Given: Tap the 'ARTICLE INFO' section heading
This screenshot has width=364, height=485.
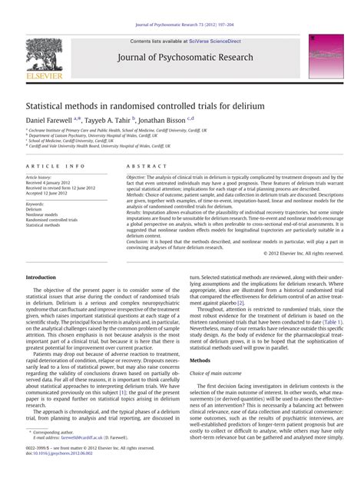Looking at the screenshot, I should [55, 165].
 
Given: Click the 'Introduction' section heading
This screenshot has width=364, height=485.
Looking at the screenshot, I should [41, 277].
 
